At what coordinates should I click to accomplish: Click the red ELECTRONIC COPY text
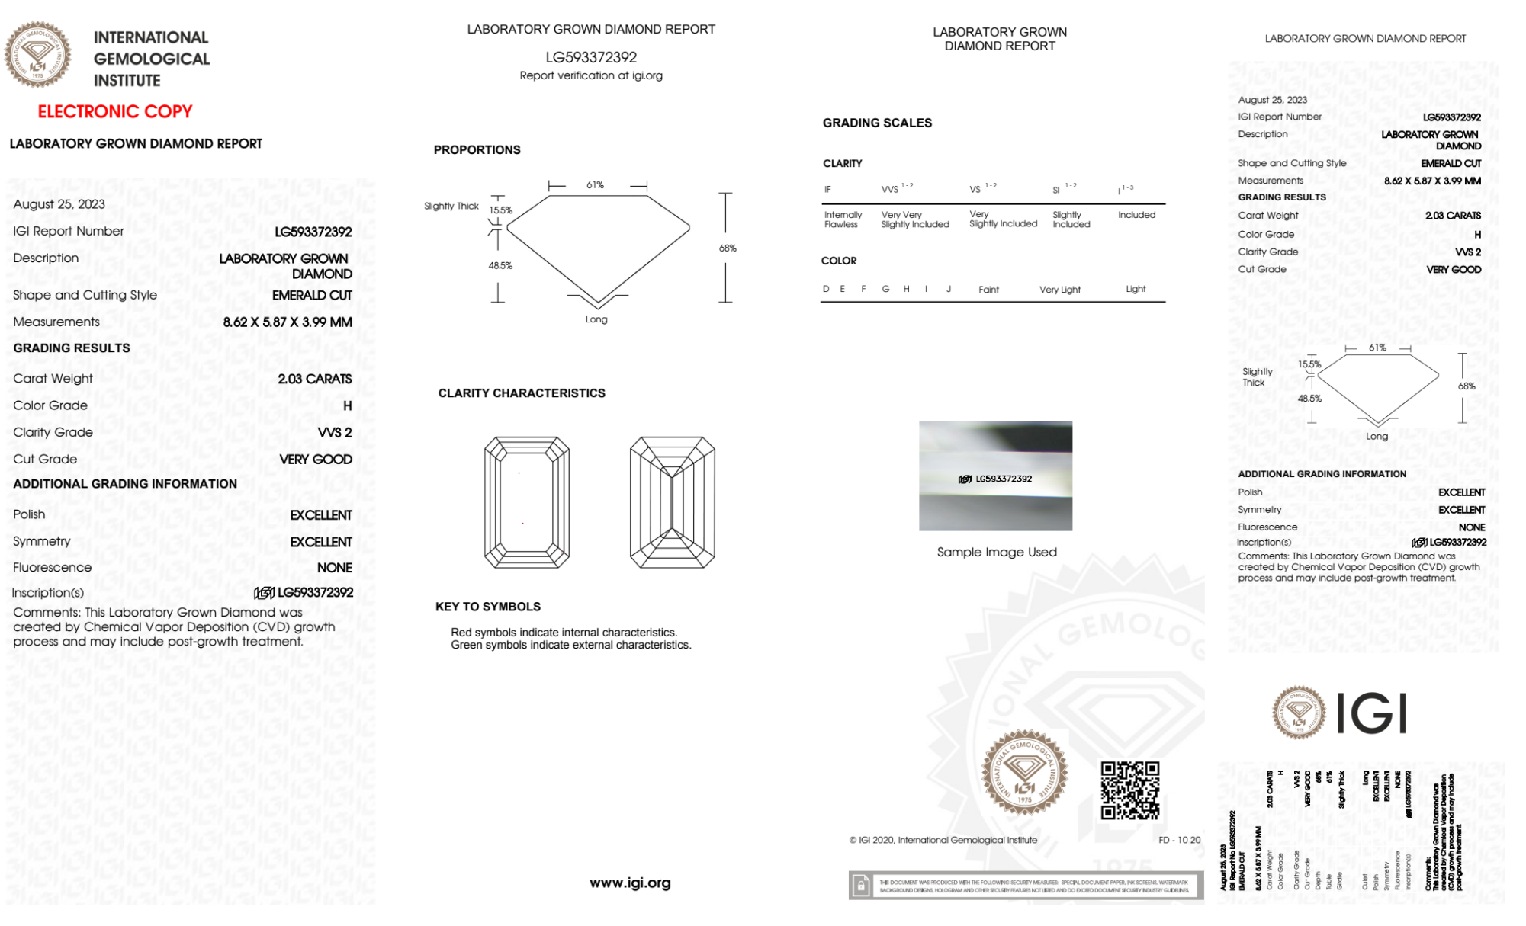tap(115, 111)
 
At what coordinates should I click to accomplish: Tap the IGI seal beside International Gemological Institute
tap(37, 54)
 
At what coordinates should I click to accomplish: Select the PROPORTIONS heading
tap(477, 150)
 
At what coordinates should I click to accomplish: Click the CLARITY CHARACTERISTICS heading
tap(522, 393)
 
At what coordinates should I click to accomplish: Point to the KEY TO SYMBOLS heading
tap(488, 607)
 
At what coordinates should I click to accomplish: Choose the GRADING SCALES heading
tap(877, 123)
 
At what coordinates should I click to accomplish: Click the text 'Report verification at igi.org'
tap(591, 75)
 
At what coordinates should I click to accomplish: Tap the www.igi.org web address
tap(630, 883)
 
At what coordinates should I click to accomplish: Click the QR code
tap(1129, 790)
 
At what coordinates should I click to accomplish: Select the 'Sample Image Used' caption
tap(997, 552)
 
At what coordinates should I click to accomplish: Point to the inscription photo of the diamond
tap(995, 476)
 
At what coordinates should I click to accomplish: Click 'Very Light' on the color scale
tap(1059, 290)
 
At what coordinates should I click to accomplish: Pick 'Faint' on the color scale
tap(988, 290)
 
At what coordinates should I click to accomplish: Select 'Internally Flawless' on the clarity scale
tap(843, 219)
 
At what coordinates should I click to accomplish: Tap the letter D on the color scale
tap(826, 289)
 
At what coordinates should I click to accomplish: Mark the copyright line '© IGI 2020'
tap(943, 840)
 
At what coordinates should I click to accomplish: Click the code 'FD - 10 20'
tap(1179, 840)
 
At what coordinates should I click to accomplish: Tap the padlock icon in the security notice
tap(861, 886)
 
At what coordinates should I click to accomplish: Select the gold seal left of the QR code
tap(1024, 773)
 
